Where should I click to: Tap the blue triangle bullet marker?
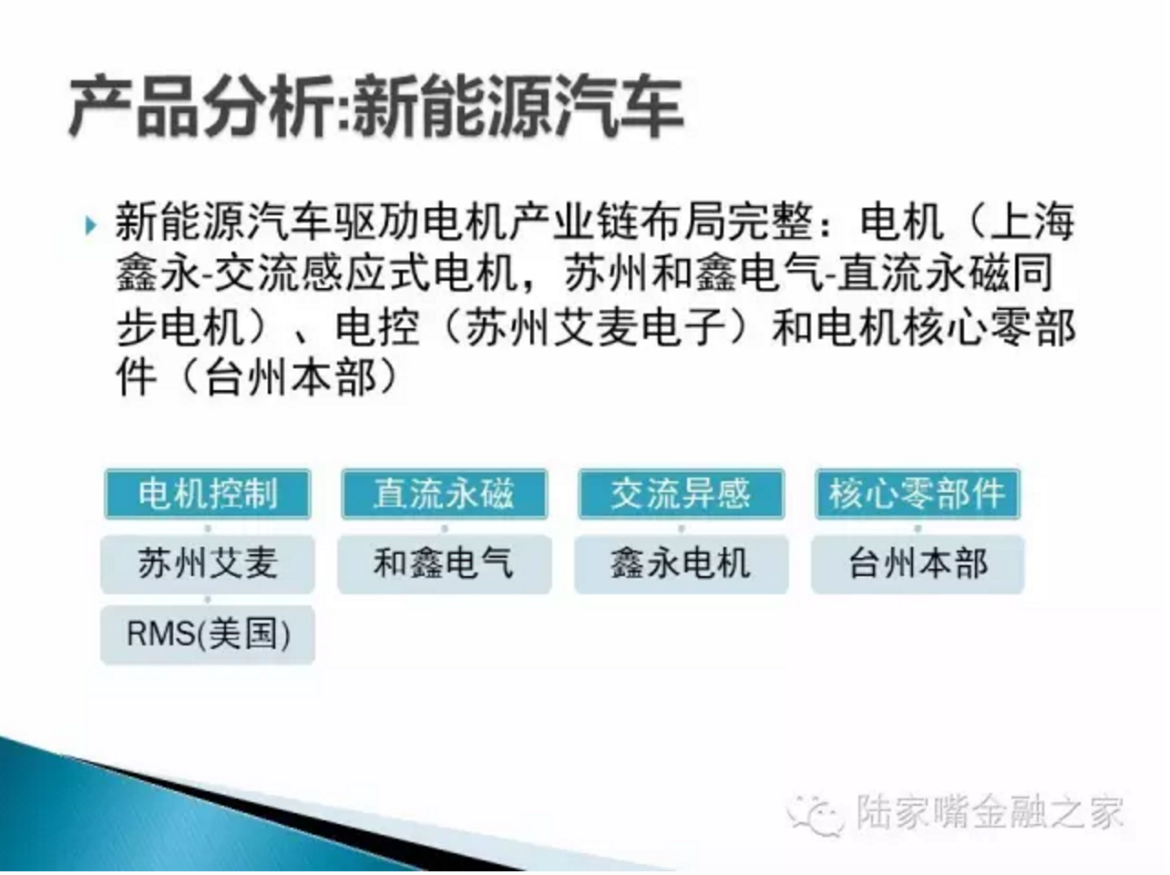tap(90, 225)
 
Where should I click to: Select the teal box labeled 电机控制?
tap(208, 494)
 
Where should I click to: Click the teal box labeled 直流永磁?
tap(445, 494)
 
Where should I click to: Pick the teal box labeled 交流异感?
tap(682, 494)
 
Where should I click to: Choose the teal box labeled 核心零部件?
tap(918, 494)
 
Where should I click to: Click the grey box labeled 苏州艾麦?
tap(208, 564)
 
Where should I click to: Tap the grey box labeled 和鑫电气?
tap(445, 564)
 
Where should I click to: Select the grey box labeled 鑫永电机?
tap(682, 564)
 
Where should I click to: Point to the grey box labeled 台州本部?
tap(918, 564)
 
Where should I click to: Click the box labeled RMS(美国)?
tap(208, 634)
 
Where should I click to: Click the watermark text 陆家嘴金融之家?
tap(990, 813)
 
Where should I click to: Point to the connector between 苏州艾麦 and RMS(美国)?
tap(208, 600)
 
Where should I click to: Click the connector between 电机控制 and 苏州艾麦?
tap(208, 528)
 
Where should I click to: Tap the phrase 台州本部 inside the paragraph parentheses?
tap(291, 378)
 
